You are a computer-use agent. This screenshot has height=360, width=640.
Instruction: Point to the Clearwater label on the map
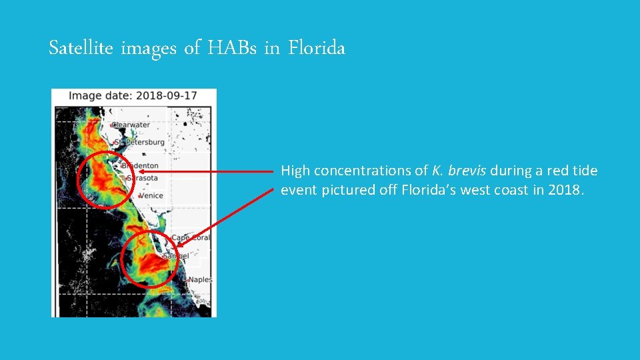click(x=131, y=125)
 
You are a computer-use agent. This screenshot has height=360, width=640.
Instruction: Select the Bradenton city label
click(x=140, y=165)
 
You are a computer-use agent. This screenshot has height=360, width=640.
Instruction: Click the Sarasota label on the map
click(x=142, y=178)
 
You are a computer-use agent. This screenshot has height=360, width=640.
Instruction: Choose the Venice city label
click(x=151, y=196)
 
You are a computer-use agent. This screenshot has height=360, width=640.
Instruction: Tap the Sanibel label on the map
click(x=177, y=255)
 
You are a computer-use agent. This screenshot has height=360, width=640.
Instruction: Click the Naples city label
click(x=199, y=280)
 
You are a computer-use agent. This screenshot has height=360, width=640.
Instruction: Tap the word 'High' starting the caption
click(x=295, y=171)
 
